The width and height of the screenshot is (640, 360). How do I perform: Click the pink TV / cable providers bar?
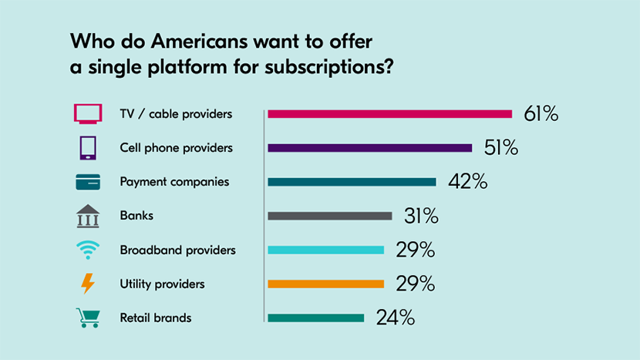(389, 114)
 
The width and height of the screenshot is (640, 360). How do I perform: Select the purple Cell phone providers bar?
(369, 148)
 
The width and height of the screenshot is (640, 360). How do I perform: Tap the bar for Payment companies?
(352, 182)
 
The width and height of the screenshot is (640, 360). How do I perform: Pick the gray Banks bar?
(330, 216)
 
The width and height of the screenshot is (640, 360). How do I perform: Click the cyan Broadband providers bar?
(325, 250)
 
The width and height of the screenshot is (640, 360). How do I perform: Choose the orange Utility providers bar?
(325, 284)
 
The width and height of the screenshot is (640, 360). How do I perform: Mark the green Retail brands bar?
(315, 318)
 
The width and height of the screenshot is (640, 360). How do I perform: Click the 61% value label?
(541, 114)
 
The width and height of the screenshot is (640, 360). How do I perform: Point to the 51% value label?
(500, 148)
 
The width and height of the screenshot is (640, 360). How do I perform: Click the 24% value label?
(396, 318)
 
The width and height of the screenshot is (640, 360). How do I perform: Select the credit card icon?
(88, 183)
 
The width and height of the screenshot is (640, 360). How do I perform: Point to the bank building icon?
(88, 216)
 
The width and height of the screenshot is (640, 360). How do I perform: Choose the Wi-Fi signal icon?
(88, 250)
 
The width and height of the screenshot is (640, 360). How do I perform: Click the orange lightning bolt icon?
(88, 284)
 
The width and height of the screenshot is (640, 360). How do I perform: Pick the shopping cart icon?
(88, 318)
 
